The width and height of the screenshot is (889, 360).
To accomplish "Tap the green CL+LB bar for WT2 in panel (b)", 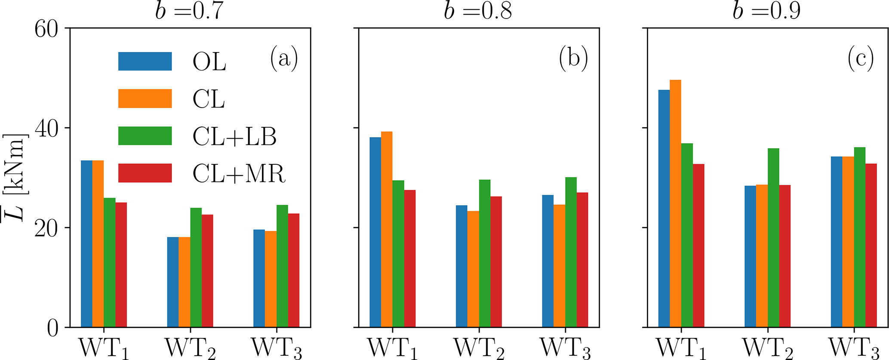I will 485,254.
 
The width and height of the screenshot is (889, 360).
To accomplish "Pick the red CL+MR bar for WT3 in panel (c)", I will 871,245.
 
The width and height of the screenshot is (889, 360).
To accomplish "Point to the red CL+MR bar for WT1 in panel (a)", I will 121,265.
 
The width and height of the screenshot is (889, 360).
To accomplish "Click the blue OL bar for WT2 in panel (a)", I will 173,282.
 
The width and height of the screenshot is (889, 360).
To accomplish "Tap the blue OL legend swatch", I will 145,61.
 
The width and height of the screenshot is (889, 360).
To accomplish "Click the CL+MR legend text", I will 239,174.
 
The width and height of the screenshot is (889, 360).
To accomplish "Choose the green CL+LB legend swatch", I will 145,136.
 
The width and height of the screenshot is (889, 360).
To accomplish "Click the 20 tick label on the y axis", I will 46,228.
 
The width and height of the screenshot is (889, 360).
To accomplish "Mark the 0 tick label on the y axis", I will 53,328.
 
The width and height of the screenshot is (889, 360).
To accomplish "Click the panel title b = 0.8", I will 478,11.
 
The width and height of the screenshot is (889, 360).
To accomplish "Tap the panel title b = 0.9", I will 766,11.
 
